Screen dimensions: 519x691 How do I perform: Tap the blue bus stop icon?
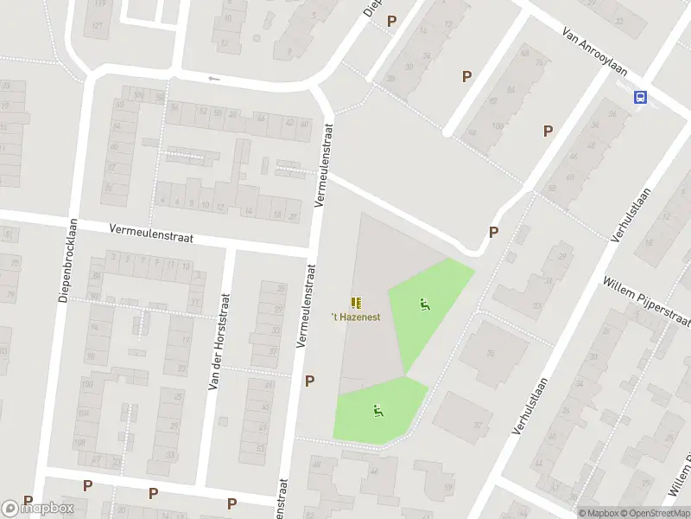click(641, 98)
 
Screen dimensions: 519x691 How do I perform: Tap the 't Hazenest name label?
click(356, 317)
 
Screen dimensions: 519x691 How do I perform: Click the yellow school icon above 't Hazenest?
click(356, 303)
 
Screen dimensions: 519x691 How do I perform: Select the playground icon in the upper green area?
click(423, 304)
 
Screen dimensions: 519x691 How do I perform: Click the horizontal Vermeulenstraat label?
click(151, 232)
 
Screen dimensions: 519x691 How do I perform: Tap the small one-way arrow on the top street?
click(214, 79)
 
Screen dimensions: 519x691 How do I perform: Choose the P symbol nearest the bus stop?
click(548, 131)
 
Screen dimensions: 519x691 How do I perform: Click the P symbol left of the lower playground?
click(309, 381)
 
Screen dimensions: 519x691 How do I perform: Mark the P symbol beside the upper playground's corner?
click(494, 232)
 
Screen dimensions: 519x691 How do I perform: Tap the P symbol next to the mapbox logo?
click(28, 501)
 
